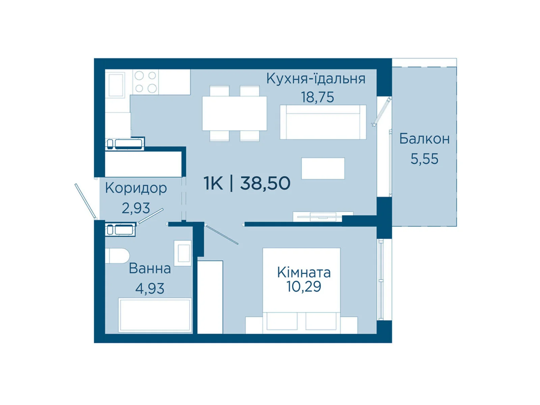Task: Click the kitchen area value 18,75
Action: [317, 97]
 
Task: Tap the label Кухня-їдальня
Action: [316, 79]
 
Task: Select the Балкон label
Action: [424, 139]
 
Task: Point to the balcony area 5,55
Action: [424, 159]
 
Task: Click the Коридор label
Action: [136, 188]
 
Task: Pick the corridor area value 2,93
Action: [136, 208]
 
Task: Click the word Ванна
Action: [150, 269]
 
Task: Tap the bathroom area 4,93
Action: [150, 289]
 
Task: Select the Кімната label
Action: [304, 272]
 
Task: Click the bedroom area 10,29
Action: [304, 287]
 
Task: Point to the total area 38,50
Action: [265, 183]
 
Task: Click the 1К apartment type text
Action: [213, 183]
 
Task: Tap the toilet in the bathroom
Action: [117, 256]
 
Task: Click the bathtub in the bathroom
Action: [155, 315]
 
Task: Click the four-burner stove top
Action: [146, 82]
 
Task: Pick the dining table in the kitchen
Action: [234, 113]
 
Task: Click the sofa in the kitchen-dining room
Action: [323, 122]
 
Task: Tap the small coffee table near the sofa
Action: [323, 168]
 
